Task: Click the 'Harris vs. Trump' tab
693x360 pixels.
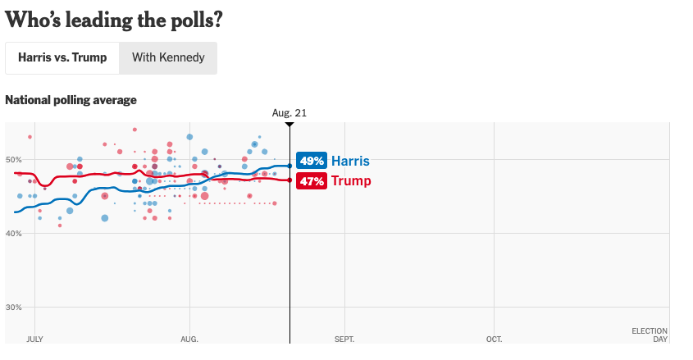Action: (62, 58)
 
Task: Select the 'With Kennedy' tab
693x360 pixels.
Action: (168, 58)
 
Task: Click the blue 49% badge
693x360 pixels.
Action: (312, 162)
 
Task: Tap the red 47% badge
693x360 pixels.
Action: (312, 181)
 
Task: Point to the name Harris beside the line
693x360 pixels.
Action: (350, 162)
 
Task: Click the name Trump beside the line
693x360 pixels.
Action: (350, 181)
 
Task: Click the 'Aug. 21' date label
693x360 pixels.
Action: (290, 112)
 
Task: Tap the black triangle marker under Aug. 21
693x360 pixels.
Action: (290, 124)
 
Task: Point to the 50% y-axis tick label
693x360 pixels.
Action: (15, 160)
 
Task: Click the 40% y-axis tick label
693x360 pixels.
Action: (15, 234)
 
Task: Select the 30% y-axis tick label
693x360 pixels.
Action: (15, 308)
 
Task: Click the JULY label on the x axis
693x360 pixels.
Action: (34, 339)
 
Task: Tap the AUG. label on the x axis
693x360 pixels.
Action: (189, 339)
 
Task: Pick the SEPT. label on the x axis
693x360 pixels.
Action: (344, 339)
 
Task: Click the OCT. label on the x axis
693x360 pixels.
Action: (494, 339)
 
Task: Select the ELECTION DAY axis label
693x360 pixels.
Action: (649, 335)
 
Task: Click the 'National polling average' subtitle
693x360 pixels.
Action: (71, 100)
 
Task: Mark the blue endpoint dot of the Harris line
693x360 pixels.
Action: (290, 166)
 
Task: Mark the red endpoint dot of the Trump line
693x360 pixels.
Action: (290, 180)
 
